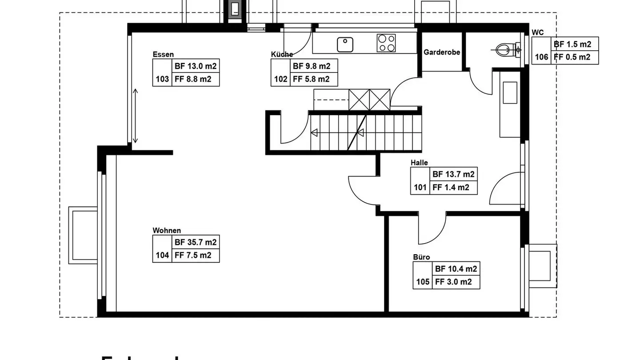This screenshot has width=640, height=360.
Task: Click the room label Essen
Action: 163,55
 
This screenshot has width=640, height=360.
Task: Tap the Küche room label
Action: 282,54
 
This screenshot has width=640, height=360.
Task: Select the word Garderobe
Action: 441,52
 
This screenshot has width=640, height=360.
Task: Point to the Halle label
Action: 419,163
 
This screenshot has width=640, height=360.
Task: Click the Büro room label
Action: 421,257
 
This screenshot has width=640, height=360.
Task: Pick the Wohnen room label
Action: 167,230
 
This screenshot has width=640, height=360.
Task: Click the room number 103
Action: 162,80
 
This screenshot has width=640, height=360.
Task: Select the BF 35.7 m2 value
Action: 196,242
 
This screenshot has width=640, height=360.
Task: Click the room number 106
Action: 541,57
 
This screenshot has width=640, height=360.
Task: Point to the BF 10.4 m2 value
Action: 456,269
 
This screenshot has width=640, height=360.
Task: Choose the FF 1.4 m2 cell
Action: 451,188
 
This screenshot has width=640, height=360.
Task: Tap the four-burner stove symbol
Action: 386,43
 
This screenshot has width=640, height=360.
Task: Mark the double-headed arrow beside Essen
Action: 136,116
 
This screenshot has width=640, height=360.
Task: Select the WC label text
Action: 537,33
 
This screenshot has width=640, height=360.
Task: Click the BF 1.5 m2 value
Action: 572,44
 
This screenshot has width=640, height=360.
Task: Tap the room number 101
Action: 420,188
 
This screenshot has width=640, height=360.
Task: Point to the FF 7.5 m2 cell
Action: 193,255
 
